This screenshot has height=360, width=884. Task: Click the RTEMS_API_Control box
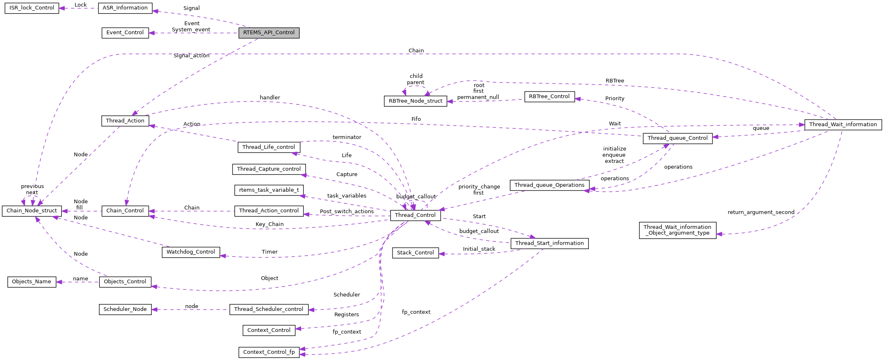pos(269,33)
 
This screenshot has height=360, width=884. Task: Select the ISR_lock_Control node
pos(32,8)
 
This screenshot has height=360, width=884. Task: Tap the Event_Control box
pos(125,33)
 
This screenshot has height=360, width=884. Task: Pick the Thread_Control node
pos(415,215)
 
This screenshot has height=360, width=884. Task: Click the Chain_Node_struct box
pos(32,211)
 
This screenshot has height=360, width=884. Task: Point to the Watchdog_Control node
pos(190,252)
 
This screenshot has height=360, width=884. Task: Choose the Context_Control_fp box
pos(269,352)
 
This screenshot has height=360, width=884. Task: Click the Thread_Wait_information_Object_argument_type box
pos(677,230)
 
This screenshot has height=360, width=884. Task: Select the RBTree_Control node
pos(549,97)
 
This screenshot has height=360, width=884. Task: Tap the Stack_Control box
pos(415,253)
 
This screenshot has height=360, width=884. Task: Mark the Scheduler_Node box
pos(125,309)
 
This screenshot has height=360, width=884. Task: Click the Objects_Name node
pos(32,282)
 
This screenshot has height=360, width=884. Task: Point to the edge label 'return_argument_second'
pos(761,212)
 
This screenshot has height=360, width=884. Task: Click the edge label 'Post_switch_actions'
pos(347,212)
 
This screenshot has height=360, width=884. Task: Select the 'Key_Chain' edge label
pos(270,224)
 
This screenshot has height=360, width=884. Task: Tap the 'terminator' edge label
pos(347,137)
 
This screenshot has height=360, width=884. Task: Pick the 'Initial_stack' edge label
pos(479,249)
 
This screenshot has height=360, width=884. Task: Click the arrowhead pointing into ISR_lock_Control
pos(62,8)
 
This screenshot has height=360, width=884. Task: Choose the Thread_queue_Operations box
pos(549,185)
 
